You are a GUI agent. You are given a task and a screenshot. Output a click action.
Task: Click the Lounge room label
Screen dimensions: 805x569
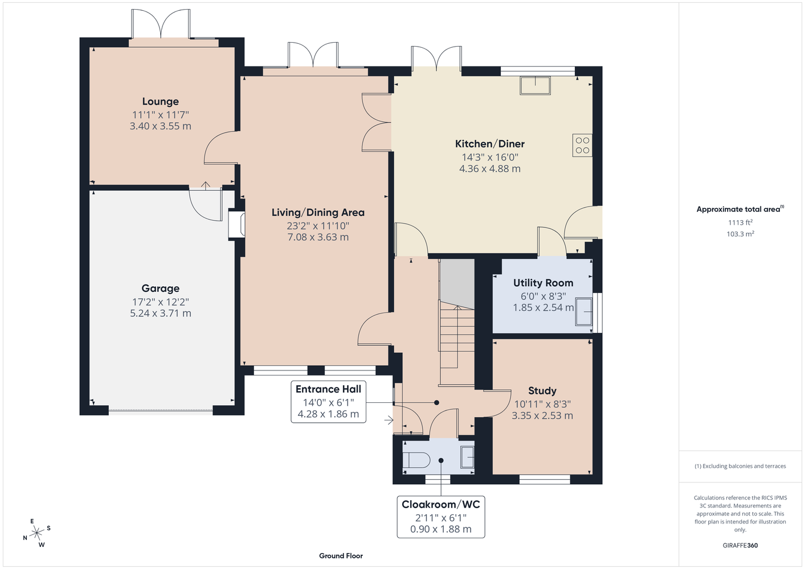pyautogui.click(x=160, y=102)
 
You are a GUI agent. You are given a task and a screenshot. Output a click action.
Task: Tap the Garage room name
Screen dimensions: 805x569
pyautogui.click(x=160, y=288)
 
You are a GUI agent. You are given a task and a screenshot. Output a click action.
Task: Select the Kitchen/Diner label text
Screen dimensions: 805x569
pyautogui.click(x=490, y=144)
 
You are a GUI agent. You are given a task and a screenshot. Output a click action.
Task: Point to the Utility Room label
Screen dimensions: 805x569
pyautogui.click(x=543, y=283)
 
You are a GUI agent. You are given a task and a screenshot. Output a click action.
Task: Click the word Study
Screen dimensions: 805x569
pyautogui.click(x=542, y=390)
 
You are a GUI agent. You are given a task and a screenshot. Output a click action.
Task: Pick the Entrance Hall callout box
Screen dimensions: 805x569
pyautogui.click(x=329, y=402)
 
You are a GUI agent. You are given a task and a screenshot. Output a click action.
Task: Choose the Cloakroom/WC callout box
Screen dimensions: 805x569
pyautogui.click(x=441, y=517)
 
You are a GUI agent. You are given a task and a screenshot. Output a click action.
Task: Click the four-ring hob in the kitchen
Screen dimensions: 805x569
pyautogui.click(x=582, y=146)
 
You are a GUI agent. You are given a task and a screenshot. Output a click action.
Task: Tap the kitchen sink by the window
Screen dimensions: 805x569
pyautogui.click(x=535, y=85)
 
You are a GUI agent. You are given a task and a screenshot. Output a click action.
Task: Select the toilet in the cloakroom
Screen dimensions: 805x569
pyautogui.click(x=416, y=460)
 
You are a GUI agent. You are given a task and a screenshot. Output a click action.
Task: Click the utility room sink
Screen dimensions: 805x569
pyautogui.click(x=583, y=312)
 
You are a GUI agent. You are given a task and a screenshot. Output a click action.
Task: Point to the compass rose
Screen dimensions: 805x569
pyautogui.click(x=36, y=533)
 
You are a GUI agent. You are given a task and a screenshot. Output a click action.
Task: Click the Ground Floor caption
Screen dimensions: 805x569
pyautogui.click(x=341, y=556)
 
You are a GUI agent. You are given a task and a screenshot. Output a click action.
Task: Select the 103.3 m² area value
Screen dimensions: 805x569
pyautogui.click(x=740, y=234)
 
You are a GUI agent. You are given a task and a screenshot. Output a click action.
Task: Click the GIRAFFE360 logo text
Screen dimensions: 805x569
pyautogui.click(x=740, y=545)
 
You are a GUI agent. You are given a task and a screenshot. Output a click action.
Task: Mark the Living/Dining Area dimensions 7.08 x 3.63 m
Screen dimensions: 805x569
pyautogui.click(x=318, y=237)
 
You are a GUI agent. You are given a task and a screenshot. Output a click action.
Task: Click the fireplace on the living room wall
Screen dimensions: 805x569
pyautogui.click(x=237, y=225)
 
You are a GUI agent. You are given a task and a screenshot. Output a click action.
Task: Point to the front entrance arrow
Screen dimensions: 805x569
pyautogui.click(x=389, y=420)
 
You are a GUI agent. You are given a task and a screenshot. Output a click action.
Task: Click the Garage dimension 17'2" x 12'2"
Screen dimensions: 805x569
pyautogui.click(x=160, y=302)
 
